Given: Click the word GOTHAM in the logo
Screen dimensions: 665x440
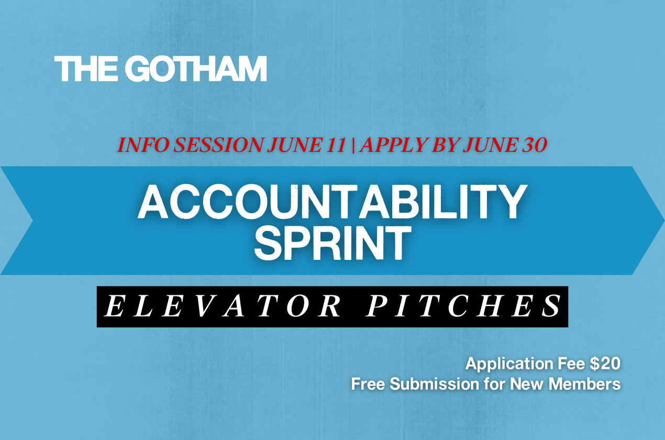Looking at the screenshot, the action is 196,69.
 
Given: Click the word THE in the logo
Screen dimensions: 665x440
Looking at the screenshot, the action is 86,69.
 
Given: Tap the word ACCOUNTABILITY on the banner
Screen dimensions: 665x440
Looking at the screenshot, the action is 332,202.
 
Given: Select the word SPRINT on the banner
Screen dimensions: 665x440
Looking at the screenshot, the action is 333,243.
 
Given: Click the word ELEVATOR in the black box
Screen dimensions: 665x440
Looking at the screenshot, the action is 223,306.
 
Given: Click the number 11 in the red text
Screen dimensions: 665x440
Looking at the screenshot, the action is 336,145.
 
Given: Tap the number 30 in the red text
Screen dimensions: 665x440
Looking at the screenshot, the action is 535,145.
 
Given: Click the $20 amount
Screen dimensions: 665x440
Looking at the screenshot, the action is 605,364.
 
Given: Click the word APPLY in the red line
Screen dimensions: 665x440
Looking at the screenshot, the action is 394,145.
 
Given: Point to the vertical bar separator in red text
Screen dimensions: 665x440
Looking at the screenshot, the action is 353,146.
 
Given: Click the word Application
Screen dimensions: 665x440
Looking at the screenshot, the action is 509,364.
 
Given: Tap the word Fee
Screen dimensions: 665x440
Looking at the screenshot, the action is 571,364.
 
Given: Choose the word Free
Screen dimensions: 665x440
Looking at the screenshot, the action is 368,384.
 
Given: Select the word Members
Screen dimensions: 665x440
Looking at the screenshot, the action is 584,384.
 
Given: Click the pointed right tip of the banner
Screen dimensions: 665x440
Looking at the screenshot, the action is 664,221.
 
